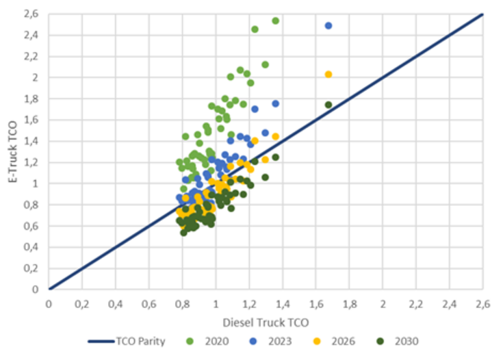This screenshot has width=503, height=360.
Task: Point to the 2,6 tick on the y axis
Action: coord(32,14)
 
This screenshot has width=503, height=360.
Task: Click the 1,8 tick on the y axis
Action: coord(32,99)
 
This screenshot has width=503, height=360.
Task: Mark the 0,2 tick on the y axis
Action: coord(32,268)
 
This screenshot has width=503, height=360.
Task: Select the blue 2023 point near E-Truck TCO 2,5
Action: coord(328,25)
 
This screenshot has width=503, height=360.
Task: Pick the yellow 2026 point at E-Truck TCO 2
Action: coord(328,75)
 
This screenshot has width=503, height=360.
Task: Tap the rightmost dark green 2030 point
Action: coord(328,105)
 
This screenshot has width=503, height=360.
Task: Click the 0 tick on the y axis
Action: coord(37,290)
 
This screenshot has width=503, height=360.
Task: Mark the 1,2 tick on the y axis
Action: coord(32,162)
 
